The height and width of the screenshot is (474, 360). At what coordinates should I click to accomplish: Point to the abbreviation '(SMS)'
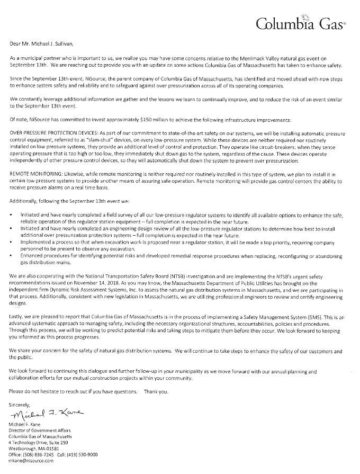[x=286, y=314]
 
